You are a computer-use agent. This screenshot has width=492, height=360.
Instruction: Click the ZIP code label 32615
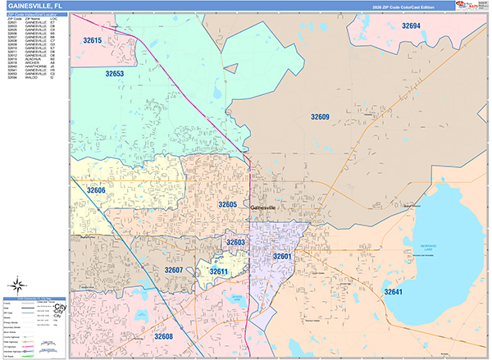[93, 40]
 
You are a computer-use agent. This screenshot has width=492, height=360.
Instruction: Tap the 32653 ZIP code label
[114, 74]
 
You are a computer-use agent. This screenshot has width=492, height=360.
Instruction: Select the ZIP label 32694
[411, 27]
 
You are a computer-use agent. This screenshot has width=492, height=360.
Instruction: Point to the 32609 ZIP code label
[320, 117]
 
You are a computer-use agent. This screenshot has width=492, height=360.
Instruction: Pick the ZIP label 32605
[227, 204]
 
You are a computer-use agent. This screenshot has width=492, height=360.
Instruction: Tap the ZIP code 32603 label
[235, 243]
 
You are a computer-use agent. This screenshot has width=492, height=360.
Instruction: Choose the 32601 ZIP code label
[283, 257]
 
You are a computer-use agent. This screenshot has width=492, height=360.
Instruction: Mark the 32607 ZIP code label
[173, 269]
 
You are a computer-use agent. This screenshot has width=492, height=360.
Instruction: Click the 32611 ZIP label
[218, 271]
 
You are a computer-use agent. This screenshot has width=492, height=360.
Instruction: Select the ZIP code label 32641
[394, 291]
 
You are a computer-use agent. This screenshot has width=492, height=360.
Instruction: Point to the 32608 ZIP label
[163, 336]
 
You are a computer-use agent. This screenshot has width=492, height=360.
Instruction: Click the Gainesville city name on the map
[265, 209]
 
